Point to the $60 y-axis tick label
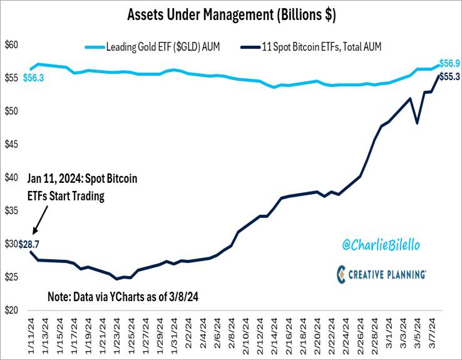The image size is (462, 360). pyautogui.click(x=12, y=45)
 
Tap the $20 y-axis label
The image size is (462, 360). pyautogui.click(x=12, y=311)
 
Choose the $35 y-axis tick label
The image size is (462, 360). pyautogui.click(x=12, y=211)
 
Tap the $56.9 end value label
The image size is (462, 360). pyautogui.click(x=449, y=63)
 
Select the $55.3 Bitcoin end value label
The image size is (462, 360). pyautogui.click(x=449, y=76)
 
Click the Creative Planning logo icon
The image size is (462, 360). pyautogui.click(x=341, y=274)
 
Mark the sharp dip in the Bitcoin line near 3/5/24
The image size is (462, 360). pyautogui.click(x=418, y=123)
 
